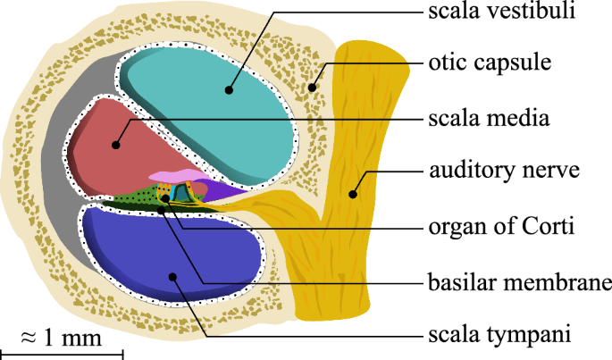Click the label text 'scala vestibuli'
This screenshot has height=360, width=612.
499,12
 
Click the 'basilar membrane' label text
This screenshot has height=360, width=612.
516,283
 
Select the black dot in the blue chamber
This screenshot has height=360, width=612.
174,278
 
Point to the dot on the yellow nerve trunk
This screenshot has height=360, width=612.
354,191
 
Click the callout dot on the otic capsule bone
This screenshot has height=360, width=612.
313,88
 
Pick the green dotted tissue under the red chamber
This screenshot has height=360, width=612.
134,197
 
